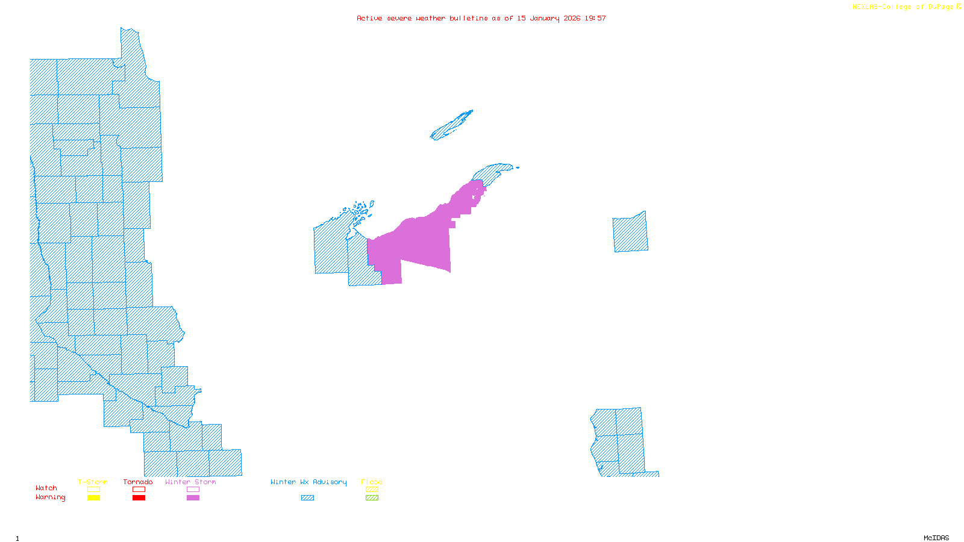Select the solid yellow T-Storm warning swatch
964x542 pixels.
click(93, 498)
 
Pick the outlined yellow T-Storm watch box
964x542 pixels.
click(93, 490)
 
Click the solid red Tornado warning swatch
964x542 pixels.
click(139, 498)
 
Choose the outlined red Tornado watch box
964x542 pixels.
click(139, 490)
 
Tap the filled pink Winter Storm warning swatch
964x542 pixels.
click(193, 498)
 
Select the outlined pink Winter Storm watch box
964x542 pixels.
click(193, 490)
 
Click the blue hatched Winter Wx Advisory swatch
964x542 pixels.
click(307, 498)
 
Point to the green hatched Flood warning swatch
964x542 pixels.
click(372, 498)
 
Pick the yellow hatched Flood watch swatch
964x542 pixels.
click(372, 490)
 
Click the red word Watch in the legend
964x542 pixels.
click(46, 488)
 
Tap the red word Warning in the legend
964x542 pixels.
click(50, 497)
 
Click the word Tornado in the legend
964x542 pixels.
click(138, 482)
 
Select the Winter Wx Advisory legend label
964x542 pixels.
click(308, 482)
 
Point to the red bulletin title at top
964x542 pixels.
click(481, 18)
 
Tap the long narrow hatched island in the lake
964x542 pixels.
click(451, 125)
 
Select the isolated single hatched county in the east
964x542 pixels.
click(630, 232)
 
